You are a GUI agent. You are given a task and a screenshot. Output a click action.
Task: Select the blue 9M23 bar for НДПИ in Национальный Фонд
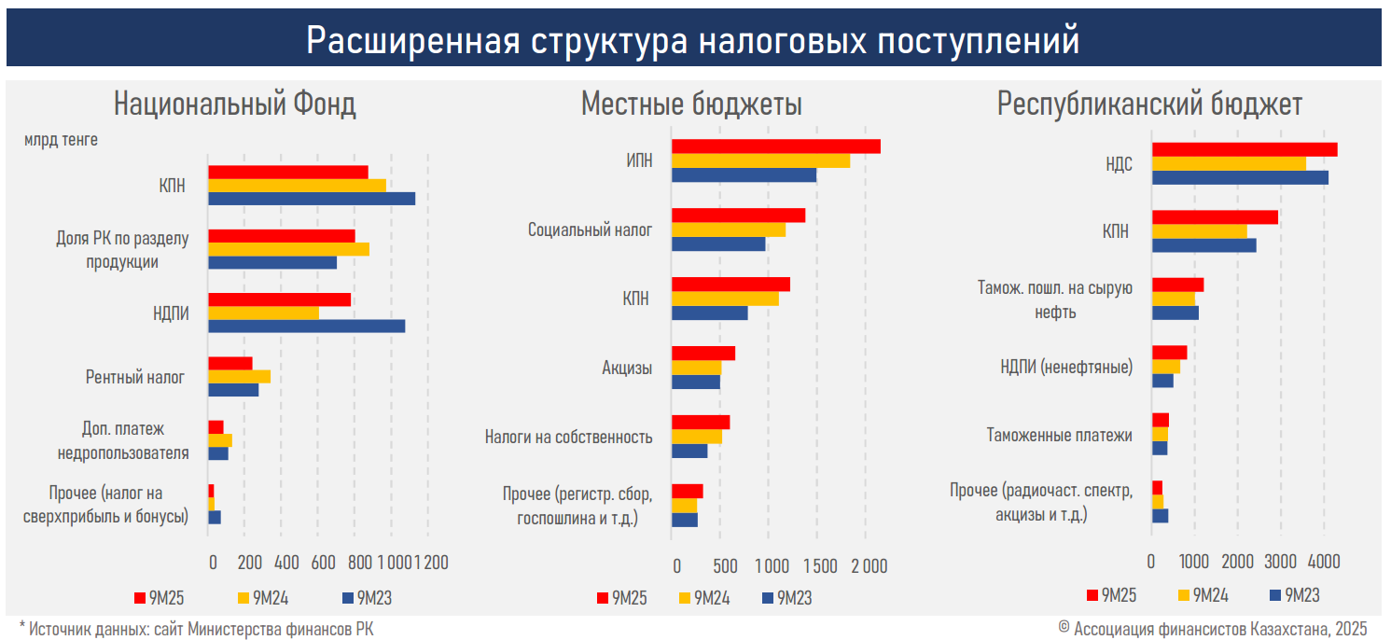click(x=306, y=326)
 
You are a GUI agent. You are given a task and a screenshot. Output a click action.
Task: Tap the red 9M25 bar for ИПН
click(x=775, y=146)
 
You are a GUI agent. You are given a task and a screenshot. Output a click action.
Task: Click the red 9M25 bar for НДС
click(x=1244, y=149)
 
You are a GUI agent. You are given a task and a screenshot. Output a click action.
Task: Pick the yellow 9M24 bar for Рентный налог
click(x=239, y=376)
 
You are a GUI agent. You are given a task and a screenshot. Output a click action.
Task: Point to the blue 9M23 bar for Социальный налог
click(x=718, y=243)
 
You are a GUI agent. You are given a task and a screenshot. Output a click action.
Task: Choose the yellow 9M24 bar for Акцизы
click(x=696, y=368)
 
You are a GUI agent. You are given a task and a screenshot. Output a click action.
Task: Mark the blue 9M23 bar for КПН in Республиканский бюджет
click(x=1203, y=245)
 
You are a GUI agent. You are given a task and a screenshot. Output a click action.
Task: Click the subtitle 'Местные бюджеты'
click(x=691, y=104)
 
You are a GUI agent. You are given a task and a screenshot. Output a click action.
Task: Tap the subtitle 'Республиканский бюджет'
click(x=1149, y=104)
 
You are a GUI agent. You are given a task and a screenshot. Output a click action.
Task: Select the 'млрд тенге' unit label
click(x=61, y=140)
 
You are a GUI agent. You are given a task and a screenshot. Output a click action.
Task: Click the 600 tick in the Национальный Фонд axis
click(x=323, y=563)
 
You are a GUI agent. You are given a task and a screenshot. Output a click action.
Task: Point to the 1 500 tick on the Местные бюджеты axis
click(x=819, y=565)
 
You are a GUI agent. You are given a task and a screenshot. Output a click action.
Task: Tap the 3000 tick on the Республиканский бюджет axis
click(x=1280, y=562)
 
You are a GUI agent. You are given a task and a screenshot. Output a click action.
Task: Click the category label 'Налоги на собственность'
click(x=568, y=437)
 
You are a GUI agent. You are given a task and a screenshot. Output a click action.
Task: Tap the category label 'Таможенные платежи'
click(x=1059, y=435)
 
